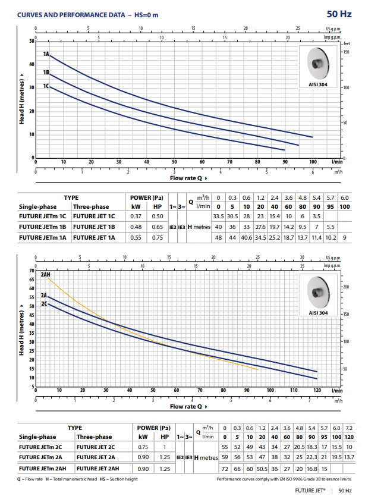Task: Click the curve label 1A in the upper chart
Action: tap(46, 54)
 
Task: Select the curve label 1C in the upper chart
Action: tap(46, 87)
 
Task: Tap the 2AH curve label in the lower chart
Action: tap(46, 275)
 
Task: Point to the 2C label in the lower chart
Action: tap(44, 304)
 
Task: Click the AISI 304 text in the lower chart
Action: tap(319, 312)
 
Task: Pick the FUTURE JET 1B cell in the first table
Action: tap(94, 227)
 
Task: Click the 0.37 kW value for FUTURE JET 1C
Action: tap(136, 216)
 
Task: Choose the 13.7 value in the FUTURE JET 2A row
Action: tap(349, 457)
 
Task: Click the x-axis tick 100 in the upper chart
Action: tap(313, 162)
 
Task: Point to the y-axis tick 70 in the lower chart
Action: tap(30, 271)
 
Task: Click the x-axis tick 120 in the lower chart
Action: tap(317, 391)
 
